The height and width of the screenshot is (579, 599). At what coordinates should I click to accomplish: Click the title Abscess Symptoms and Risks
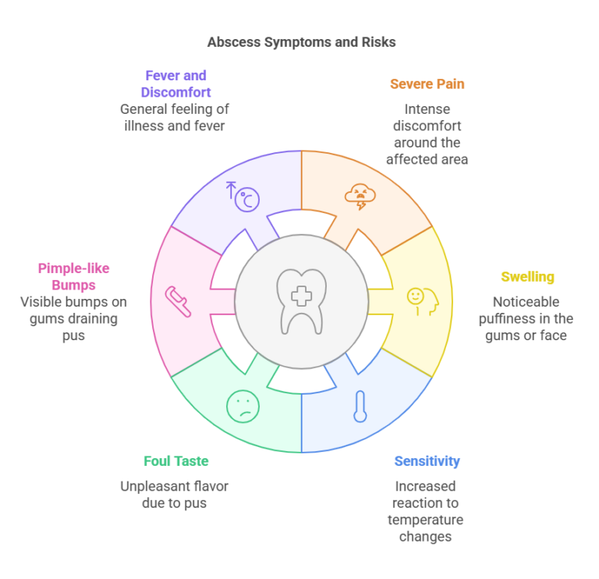click(301, 42)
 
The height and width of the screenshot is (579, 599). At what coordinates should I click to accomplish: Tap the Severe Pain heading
click(427, 84)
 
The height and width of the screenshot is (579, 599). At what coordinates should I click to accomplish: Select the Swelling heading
click(527, 277)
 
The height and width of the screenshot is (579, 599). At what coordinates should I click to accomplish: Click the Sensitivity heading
click(427, 461)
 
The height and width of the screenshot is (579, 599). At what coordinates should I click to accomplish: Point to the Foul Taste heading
click(176, 461)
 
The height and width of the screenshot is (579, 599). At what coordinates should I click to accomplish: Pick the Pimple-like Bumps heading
click(74, 277)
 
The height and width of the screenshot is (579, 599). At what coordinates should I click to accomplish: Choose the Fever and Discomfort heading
click(175, 84)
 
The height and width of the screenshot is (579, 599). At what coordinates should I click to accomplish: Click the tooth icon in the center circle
click(301, 301)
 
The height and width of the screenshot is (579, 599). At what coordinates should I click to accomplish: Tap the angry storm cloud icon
click(360, 197)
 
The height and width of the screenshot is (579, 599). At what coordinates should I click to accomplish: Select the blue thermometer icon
click(360, 407)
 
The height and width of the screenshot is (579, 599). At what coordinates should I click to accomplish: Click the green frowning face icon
click(243, 407)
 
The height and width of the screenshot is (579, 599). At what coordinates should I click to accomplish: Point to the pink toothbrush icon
click(178, 301)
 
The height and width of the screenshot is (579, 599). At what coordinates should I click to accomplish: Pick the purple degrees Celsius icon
click(243, 197)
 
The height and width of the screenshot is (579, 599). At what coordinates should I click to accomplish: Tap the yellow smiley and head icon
click(423, 301)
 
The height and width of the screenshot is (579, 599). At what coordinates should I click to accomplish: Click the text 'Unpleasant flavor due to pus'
click(174, 495)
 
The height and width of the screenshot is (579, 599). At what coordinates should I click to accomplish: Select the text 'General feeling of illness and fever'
click(175, 117)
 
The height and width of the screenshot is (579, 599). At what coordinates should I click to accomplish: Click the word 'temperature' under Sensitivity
click(426, 520)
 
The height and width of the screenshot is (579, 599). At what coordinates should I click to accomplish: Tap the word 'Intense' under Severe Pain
click(427, 109)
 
